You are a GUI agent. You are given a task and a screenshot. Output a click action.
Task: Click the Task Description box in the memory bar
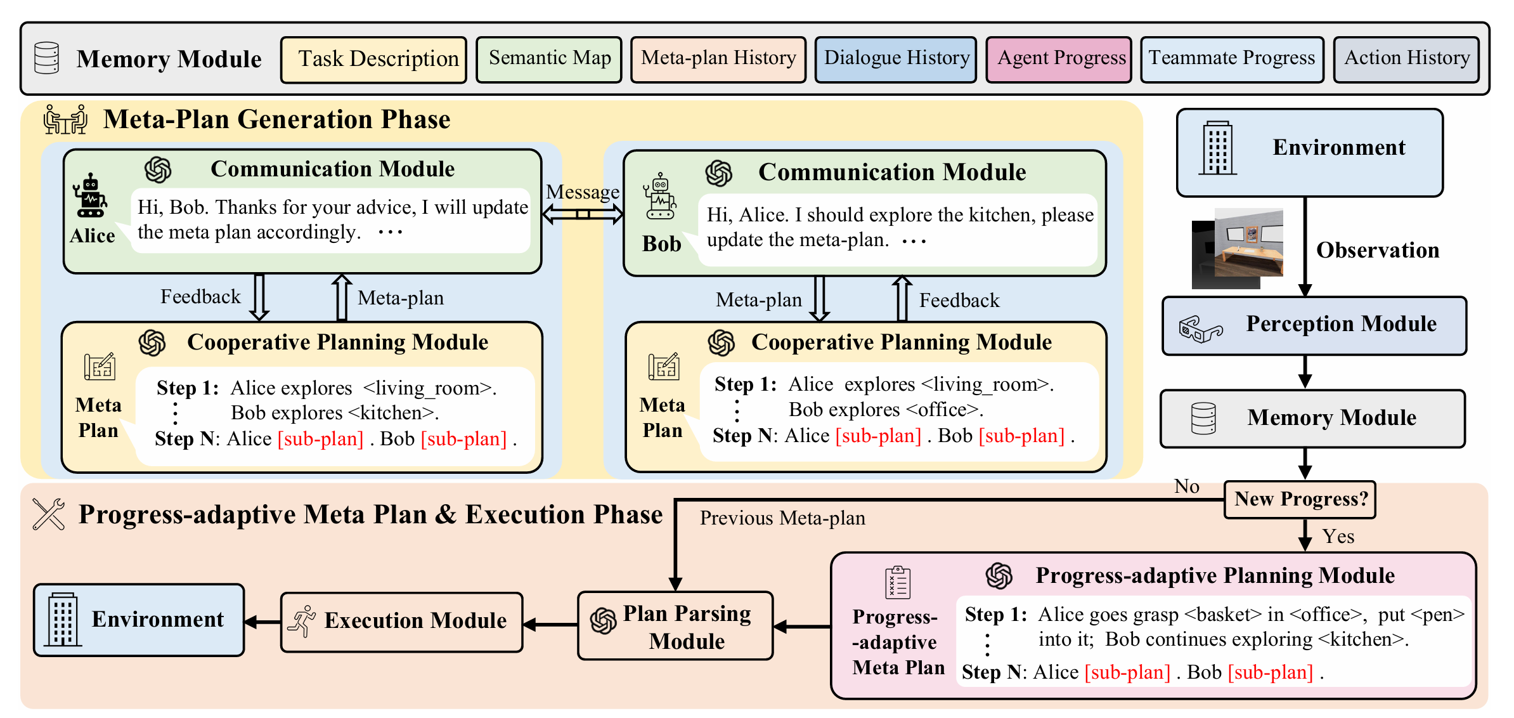click(373, 60)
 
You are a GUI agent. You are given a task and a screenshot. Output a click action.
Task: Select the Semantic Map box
click(549, 60)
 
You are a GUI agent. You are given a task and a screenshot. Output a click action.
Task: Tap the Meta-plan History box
click(718, 60)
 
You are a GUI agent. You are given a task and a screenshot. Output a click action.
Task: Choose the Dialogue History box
click(896, 60)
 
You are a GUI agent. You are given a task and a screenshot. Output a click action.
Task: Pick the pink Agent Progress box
click(1059, 60)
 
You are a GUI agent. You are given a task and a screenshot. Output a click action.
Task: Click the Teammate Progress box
click(1232, 60)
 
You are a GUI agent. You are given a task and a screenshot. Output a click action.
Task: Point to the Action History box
click(1406, 60)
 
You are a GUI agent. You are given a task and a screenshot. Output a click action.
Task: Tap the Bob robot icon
click(660, 196)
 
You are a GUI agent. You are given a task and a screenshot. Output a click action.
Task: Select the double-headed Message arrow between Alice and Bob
click(583, 214)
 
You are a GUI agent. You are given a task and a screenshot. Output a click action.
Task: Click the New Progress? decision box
click(1300, 500)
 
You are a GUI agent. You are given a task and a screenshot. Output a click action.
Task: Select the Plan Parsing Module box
click(675, 626)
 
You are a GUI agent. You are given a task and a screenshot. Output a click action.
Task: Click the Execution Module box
click(402, 622)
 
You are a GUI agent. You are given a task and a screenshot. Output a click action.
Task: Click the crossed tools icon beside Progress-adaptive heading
click(49, 514)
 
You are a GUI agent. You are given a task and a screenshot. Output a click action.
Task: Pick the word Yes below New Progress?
click(1338, 537)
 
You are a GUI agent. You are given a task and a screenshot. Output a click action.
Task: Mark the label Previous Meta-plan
click(782, 518)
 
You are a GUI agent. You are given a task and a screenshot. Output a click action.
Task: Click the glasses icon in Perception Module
click(1200, 329)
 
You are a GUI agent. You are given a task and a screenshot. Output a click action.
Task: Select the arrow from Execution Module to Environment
click(262, 622)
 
